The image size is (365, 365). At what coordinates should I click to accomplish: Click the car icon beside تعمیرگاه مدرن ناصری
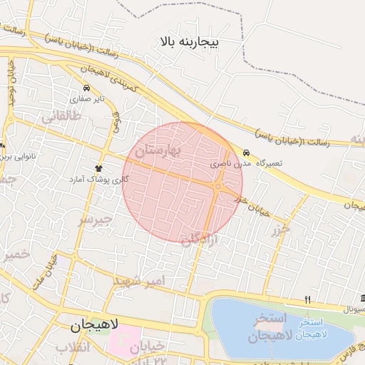click(x=246, y=153)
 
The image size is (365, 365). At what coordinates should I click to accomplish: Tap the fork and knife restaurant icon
click(x=307, y=299)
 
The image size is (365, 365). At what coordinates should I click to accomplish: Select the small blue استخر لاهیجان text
click(x=311, y=329)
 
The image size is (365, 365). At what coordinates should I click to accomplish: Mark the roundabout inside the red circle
click(x=217, y=186)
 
